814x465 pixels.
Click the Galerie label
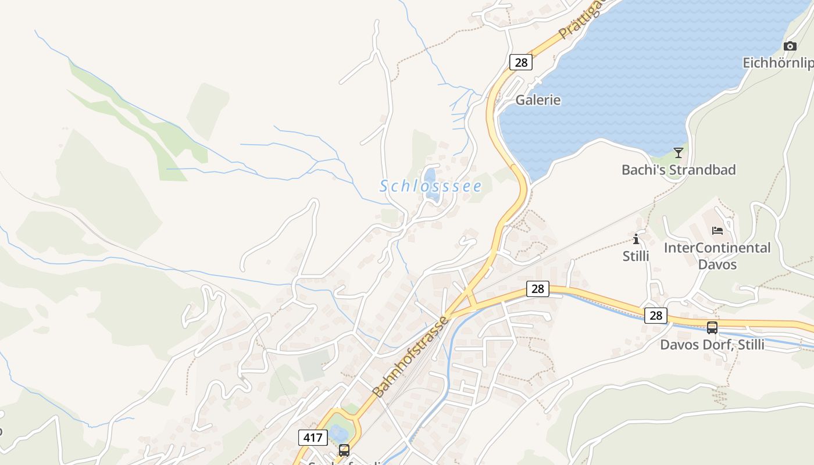click(538, 100)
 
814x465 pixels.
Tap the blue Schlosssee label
click(431, 186)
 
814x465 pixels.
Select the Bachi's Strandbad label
click(679, 170)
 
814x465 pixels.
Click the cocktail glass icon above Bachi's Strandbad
click(678, 153)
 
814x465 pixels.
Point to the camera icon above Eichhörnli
click(790, 46)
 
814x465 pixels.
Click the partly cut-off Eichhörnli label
click(778, 63)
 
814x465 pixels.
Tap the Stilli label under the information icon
click(636, 256)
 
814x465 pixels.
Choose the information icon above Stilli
click(636, 239)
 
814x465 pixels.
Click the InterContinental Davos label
click(717, 256)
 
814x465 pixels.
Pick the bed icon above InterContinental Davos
click(717, 231)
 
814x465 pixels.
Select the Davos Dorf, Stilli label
click(712, 345)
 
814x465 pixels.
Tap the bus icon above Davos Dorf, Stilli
click(712, 328)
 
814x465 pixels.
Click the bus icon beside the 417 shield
click(344, 450)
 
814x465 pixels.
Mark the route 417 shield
click(312, 438)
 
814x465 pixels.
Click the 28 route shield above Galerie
click(520, 62)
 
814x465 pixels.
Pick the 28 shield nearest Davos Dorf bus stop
click(656, 316)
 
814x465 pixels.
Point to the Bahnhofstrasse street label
click(410, 356)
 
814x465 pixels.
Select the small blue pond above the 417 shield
click(338, 433)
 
